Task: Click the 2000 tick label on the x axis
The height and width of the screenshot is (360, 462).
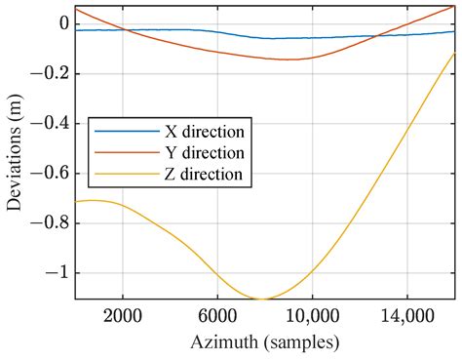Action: [122, 316]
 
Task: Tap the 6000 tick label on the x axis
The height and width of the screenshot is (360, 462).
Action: [216, 316]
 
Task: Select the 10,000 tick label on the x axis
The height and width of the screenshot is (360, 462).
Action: [311, 316]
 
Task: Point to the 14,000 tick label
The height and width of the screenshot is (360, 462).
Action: [405, 316]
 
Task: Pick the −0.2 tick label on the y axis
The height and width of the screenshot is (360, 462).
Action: [51, 73]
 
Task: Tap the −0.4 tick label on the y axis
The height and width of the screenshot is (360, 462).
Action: [51, 123]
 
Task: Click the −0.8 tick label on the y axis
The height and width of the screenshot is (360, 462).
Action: [51, 222]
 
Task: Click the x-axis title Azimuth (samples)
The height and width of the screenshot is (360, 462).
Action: [264, 341]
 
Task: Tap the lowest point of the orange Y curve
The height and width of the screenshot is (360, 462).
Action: [289, 60]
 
